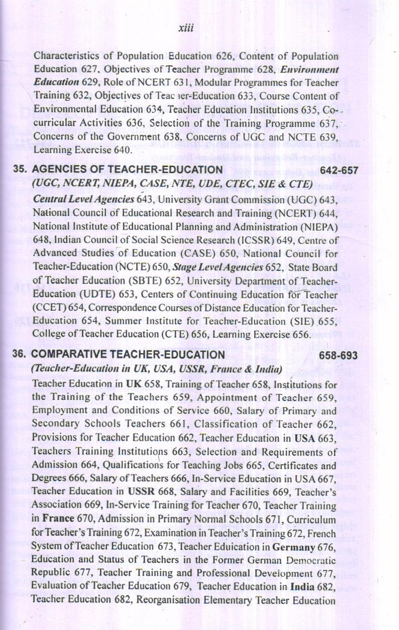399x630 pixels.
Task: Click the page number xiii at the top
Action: point(185,28)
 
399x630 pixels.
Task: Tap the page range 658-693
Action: point(338,355)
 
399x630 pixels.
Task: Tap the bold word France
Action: point(58,518)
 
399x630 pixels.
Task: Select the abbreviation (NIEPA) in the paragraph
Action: point(319,227)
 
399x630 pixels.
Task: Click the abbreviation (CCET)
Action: point(49,307)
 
